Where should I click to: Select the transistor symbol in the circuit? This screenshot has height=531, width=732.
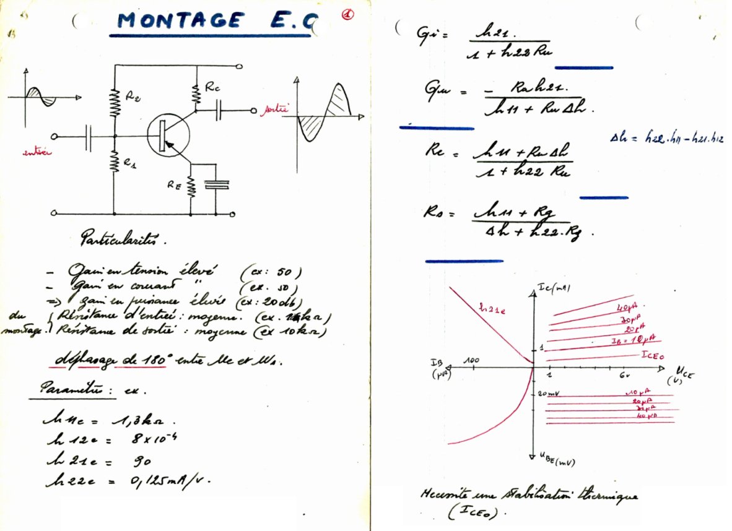168,135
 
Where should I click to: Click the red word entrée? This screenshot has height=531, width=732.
36,153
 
